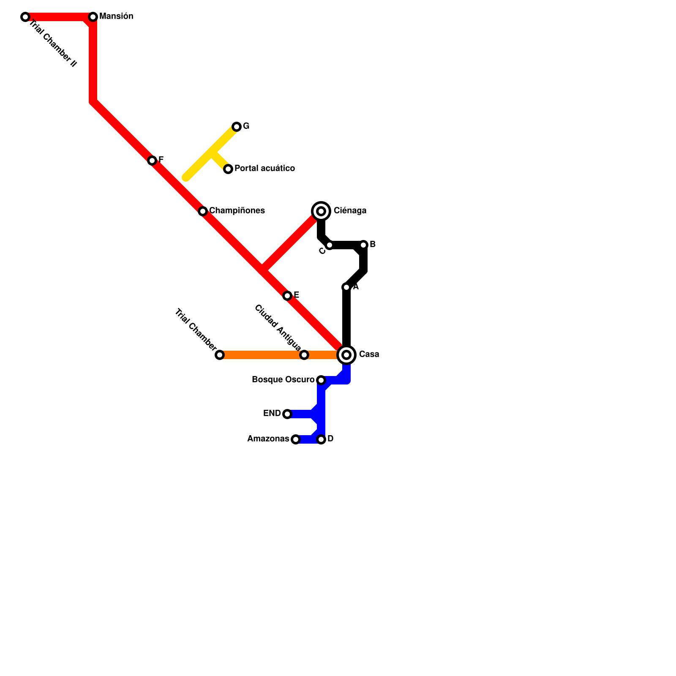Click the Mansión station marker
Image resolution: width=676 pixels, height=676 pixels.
(93, 17)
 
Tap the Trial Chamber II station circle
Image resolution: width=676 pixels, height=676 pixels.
(25, 17)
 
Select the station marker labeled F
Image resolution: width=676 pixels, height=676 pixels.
(152, 161)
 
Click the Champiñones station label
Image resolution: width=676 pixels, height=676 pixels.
(237, 210)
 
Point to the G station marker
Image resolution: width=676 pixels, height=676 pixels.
(237, 127)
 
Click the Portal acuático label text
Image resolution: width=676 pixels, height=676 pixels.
(264, 168)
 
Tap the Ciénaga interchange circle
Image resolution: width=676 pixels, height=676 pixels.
(321, 211)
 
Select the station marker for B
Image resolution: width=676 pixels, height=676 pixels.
(363, 245)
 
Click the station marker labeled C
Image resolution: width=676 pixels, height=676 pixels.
(330, 245)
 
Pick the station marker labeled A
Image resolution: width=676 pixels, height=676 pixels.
(346, 287)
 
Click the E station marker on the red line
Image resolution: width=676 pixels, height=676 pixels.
(287, 296)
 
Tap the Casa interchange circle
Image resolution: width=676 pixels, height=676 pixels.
(346, 355)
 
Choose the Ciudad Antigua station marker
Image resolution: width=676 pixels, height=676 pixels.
(304, 355)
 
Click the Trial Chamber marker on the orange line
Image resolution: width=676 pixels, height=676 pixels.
(220, 355)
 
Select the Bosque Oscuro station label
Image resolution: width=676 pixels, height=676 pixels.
(283, 379)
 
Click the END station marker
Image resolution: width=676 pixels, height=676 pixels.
(287, 414)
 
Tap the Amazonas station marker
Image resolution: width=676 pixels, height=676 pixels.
(296, 439)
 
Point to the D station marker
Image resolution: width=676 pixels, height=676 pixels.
(321, 439)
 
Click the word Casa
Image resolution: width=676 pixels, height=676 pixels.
(369, 354)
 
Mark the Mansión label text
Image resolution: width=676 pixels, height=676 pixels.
(116, 16)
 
